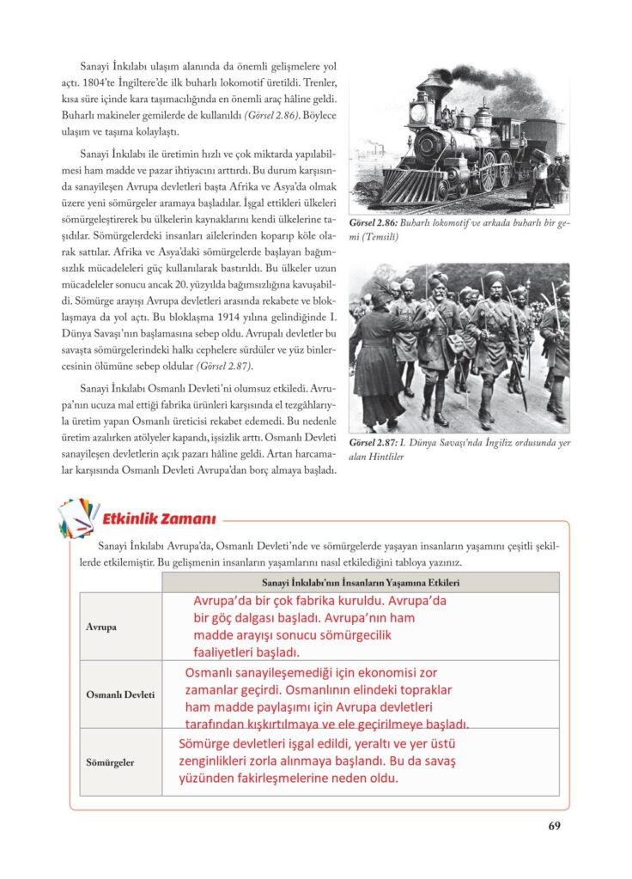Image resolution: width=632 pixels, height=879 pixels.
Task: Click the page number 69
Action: [x=554, y=827]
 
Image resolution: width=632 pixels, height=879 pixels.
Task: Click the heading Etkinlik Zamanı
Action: [x=159, y=518]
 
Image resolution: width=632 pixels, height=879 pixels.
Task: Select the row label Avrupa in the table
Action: [x=100, y=627]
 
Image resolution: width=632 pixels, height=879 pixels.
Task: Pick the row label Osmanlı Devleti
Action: [x=120, y=694]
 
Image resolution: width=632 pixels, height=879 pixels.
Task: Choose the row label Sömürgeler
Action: [x=110, y=761]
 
